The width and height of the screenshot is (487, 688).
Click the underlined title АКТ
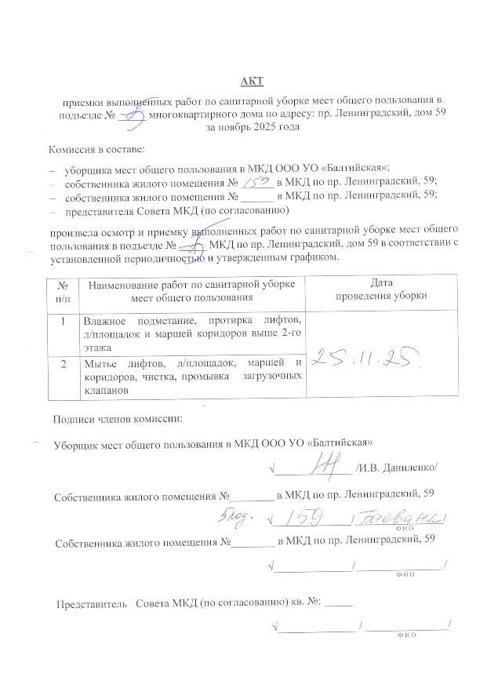pos(252,81)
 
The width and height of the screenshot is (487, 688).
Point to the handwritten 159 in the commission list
pos(258,182)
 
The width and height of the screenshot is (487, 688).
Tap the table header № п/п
pos(62,289)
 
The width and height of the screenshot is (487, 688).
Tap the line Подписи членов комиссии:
pos(118,417)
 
